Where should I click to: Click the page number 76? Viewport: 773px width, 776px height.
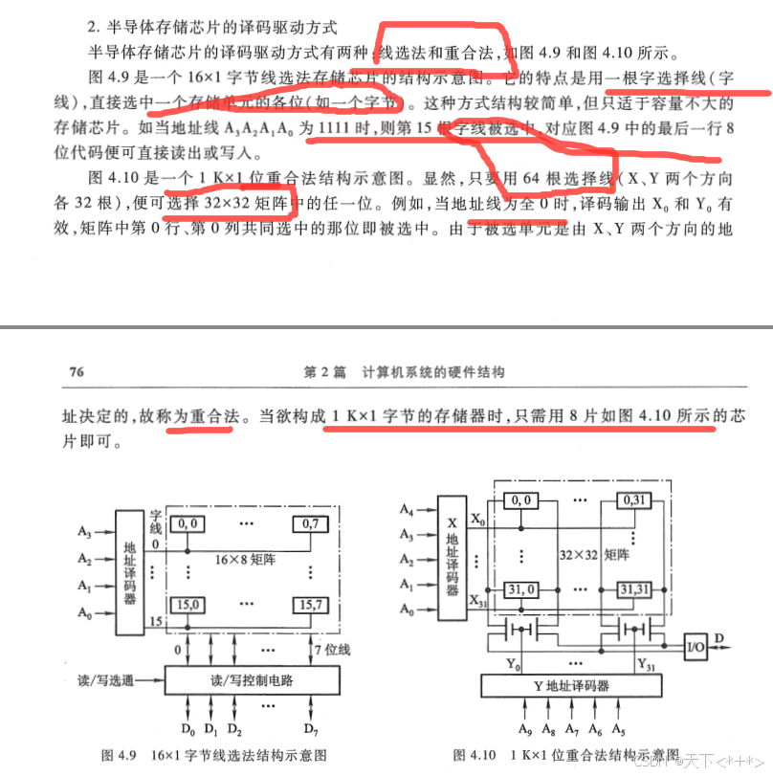tap(72, 371)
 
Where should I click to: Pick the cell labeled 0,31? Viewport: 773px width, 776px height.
tap(633, 500)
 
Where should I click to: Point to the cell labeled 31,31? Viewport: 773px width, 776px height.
tap(633, 588)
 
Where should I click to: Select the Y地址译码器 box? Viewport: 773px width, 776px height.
tap(571, 685)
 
